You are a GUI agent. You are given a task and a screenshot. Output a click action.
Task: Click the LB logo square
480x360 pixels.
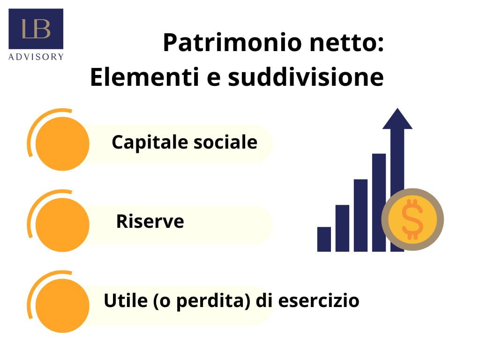click(36, 29)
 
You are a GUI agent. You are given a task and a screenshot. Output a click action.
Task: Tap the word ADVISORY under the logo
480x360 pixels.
click(36, 57)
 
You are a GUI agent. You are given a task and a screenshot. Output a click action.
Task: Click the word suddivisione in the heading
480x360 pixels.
click(306, 77)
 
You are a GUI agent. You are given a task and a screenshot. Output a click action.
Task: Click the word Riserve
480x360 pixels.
click(150, 221)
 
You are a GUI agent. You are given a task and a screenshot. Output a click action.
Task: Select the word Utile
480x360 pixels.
click(126, 300)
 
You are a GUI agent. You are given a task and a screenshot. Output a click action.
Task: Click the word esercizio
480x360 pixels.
click(319, 300)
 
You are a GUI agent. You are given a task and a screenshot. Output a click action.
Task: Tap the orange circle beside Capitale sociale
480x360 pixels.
click(62, 143)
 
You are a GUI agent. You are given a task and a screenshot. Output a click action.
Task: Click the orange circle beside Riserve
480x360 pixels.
click(62, 225)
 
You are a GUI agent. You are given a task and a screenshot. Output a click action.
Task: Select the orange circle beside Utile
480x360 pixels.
click(62, 306)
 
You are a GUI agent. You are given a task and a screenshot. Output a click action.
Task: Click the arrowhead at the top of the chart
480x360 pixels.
click(397, 119)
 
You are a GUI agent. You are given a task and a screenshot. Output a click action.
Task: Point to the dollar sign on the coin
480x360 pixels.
click(412, 219)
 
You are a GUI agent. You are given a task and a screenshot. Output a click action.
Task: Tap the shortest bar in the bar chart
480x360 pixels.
click(324, 239)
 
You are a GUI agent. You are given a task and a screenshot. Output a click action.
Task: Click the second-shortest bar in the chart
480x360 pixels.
click(342, 228)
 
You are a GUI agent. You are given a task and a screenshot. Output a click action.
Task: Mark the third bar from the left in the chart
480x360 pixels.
click(360, 215)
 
